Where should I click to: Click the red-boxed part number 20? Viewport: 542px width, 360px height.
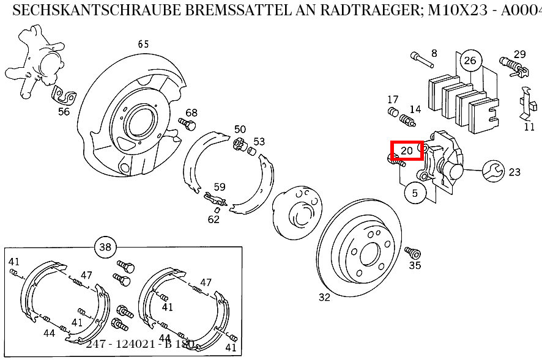coord(407,150)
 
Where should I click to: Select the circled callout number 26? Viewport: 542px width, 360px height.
coord(470,60)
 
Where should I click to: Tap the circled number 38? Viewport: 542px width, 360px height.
coord(105,247)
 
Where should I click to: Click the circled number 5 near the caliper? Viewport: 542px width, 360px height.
coord(415,193)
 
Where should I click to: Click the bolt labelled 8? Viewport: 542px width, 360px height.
coord(419,59)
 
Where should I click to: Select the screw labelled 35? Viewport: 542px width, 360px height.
coord(411,252)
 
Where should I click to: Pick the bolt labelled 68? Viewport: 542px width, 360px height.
coord(187,124)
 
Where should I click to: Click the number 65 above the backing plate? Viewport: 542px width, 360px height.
coord(143,44)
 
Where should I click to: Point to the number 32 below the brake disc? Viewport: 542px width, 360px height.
coord(324,297)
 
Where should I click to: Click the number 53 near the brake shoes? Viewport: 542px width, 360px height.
coord(259,142)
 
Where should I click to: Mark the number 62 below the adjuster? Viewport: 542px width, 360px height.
coord(213,219)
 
